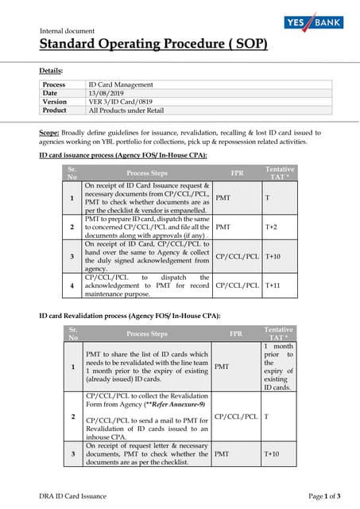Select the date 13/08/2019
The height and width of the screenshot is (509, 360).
[x=108, y=93]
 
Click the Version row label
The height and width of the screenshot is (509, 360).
[x=55, y=102]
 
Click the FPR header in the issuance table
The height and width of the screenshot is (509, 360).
[x=237, y=172]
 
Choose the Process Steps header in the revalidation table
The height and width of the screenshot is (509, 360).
[x=147, y=334]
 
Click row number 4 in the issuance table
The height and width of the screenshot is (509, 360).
[x=72, y=284]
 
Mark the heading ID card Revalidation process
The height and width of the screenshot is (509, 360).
[x=130, y=316]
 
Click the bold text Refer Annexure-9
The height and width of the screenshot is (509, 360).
[x=173, y=405]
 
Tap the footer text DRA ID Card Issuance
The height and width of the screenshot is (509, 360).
[x=73, y=495]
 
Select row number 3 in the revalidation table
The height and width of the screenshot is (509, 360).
[x=72, y=453]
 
